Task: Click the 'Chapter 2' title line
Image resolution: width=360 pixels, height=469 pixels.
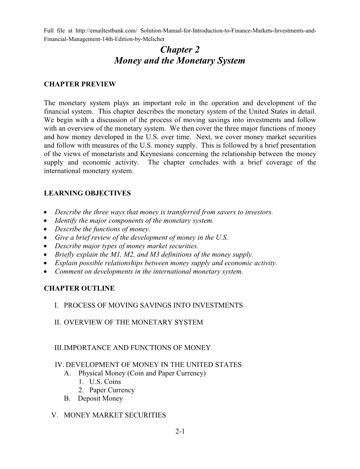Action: click(x=180, y=49)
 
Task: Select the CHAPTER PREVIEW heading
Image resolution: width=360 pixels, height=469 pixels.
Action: click(x=80, y=84)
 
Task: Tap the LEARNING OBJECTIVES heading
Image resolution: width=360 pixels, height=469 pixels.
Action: click(x=87, y=193)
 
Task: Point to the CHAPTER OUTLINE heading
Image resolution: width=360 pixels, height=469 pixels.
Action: click(x=79, y=288)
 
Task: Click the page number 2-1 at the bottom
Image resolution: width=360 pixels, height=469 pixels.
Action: click(x=180, y=431)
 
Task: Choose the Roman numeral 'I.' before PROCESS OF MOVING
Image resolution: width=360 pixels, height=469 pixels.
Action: click(x=56, y=305)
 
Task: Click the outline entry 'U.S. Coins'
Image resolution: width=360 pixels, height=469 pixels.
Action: click(x=105, y=381)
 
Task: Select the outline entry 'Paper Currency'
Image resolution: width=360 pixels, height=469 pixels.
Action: click(x=112, y=390)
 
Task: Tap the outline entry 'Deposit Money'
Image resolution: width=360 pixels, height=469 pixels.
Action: click(x=100, y=398)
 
